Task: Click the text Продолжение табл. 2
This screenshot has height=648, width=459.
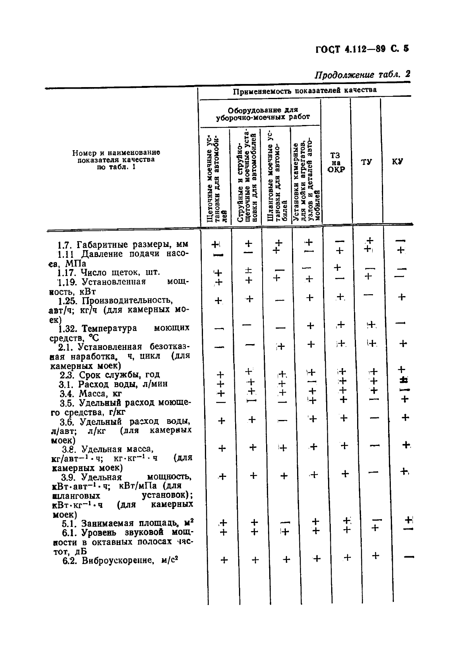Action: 362,74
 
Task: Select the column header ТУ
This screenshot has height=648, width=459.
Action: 366,161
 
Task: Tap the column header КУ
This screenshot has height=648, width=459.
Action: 397,161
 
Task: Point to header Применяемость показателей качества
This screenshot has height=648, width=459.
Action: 304,91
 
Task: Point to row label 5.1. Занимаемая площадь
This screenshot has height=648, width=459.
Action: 128,523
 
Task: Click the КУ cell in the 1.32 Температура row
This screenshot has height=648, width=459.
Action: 401,323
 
